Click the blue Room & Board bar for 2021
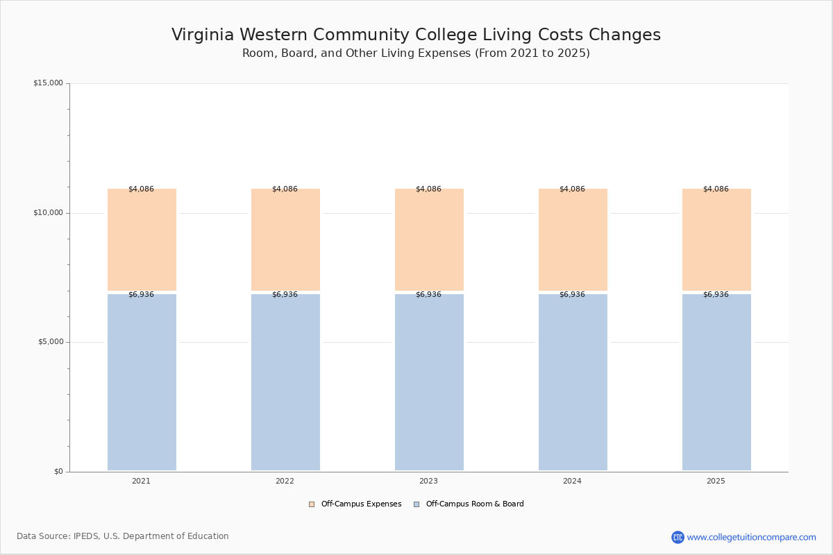[142, 382]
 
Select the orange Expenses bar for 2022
[285, 239]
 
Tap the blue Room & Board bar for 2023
[429, 382]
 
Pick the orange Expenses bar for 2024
[573, 239]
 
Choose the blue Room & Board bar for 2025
[716, 382]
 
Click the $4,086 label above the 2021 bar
[141, 189]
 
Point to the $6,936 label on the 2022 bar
[285, 294]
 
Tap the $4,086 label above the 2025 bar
[716, 189]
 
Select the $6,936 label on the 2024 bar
[572, 294]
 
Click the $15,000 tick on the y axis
[48, 83]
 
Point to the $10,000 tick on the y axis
[48, 212]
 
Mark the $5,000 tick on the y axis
[50, 342]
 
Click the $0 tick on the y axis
[58, 472]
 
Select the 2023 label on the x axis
[428, 481]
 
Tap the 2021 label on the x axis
[141, 481]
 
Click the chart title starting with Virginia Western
[416, 35]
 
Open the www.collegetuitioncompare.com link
[751, 537]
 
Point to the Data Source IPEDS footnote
[123, 536]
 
